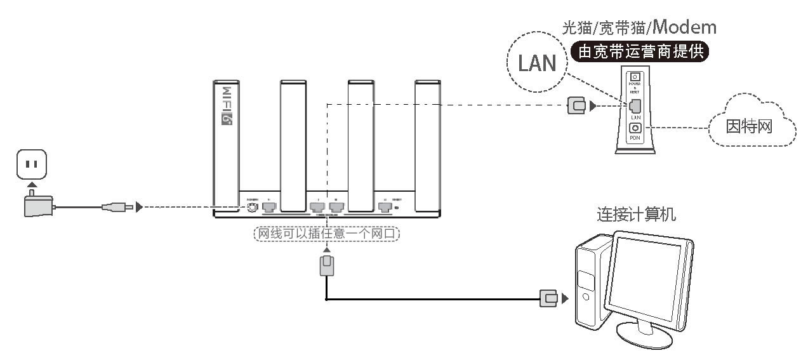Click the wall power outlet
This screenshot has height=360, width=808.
pyautogui.click(x=31, y=164)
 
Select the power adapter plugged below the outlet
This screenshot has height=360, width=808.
pyautogui.click(x=37, y=206)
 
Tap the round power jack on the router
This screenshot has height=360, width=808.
pyautogui.click(x=252, y=206)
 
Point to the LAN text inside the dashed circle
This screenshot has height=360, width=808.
pyautogui.click(x=536, y=62)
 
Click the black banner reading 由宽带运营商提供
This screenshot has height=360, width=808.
pyautogui.click(x=640, y=51)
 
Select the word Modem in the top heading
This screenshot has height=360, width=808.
pyautogui.click(x=684, y=27)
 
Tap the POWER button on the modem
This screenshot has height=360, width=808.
pyautogui.click(x=634, y=77)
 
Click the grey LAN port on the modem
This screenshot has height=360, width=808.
pyautogui.click(x=634, y=106)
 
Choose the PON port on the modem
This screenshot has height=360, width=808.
pyautogui.click(x=634, y=128)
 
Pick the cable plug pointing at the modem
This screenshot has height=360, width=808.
pyautogui.click(x=576, y=106)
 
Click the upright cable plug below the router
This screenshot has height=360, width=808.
pyautogui.click(x=327, y=265)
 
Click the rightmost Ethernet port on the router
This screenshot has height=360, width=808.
pyautogui.click(x=384, y=206)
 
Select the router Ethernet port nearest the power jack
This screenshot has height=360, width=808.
pyautogui.click(x=269, y=206)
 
